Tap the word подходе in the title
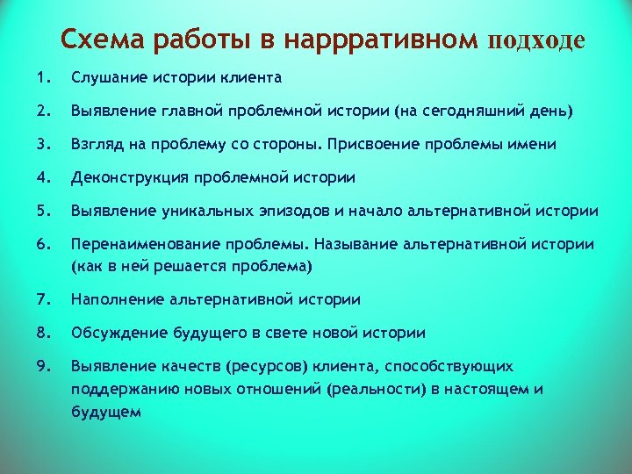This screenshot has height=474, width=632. pyautogui.click(x=535, y=41)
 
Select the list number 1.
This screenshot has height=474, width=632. pyautogui.click(x=43, y=78)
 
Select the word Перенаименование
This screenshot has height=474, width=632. pyautogui.click(x=144, y=244)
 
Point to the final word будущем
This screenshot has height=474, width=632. pyautogui.click(x=106, y=410)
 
